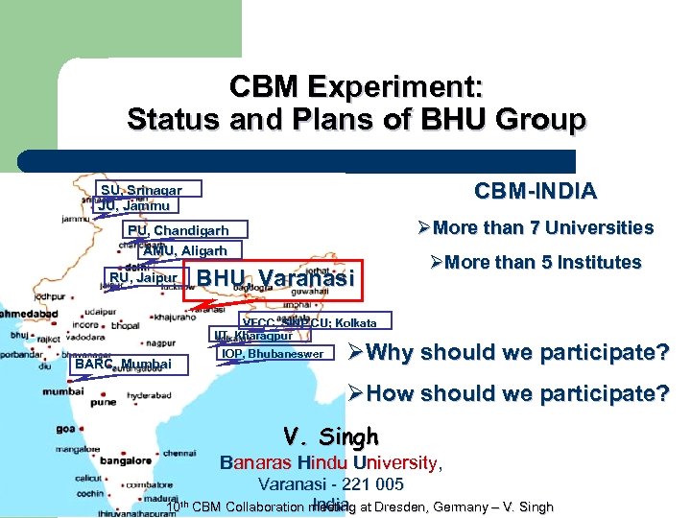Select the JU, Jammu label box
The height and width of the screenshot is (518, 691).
(134, 205)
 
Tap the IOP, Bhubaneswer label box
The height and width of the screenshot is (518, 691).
(274, 354)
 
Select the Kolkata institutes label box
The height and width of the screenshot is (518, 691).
(315, 322)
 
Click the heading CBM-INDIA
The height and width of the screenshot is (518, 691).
(536, 190)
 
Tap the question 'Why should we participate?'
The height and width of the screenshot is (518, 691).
(513, 352)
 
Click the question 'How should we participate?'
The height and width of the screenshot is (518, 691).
(513, 392)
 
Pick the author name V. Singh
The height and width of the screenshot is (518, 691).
(331, 436)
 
